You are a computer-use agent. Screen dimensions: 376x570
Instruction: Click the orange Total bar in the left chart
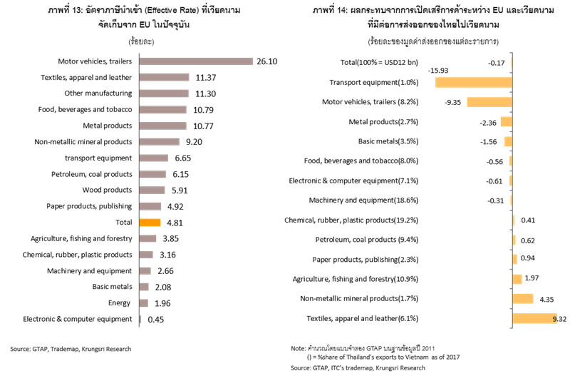pos(150,222)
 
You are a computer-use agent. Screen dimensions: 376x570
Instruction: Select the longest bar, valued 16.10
pos(196,61)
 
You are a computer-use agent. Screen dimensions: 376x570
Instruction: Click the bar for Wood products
pos(152,190)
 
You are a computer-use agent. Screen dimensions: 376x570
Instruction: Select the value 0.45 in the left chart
pos(156,319)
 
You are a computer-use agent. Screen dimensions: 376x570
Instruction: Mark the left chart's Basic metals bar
pos(144,287)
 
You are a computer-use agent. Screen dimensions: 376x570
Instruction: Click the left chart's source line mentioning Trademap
pos(71,349)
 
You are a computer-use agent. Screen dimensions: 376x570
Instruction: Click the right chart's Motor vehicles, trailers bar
pos(489,102)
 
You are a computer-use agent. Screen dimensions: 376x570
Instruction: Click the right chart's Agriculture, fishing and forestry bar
pos(517,279)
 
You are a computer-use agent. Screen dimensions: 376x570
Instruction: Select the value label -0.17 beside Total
pos(498,63)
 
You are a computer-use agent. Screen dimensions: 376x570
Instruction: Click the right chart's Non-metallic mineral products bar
pos(523,298)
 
